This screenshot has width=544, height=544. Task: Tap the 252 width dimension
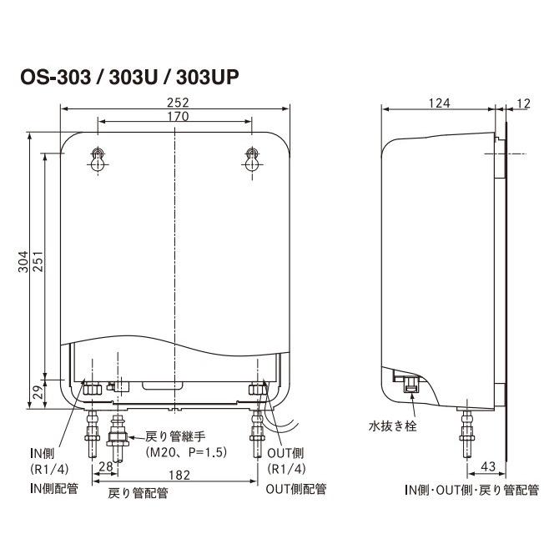tap(177, 103)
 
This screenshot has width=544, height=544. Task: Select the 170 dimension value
tap(176, 117)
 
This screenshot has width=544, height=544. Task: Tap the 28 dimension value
tap(104, 465)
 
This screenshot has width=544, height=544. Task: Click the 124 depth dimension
tap(439, 103)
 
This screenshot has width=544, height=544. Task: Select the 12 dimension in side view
tap(523, 103)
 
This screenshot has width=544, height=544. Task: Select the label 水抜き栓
tap(393, 426)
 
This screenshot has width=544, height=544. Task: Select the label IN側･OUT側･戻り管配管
tap(471, 489)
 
